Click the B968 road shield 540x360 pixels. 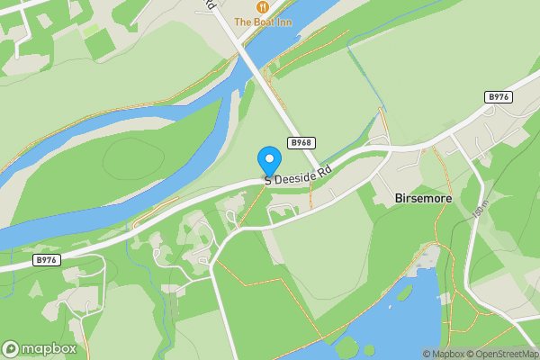tap(301, 143)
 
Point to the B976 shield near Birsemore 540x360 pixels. tap(499, 96)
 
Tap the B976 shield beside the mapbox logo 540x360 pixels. tap(46, 259)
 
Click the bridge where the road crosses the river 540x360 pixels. tap(245, 53)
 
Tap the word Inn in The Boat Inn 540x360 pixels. tap(283, 22)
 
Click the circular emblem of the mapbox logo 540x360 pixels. tap(11, 348)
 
